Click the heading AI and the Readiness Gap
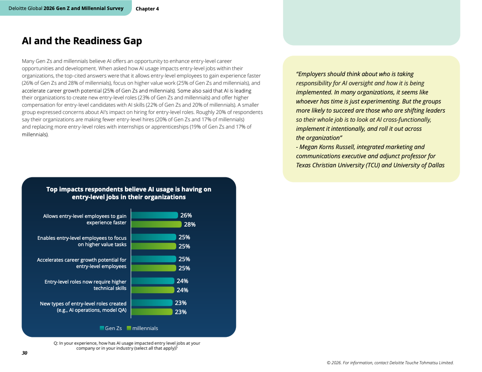click(82, 41)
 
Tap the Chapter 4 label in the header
click(147, 9)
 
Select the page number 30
click(25, 353)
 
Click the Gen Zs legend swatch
click(102, 328)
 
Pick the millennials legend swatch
click(129, 328)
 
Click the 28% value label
click(190, 224)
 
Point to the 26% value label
click(186, 216)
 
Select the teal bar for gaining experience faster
click(155, 215)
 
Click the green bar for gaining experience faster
click(157, 224)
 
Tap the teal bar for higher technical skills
click(153, 281)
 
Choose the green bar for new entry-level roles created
click(152, 312)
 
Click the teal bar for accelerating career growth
click(154, 259)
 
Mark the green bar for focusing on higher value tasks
click(154, 246)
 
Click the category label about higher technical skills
click(85, 285)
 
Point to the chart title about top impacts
click(129, 193)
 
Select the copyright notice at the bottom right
click(390, 363)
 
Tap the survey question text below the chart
click(127, 346)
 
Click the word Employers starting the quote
click(310, 74)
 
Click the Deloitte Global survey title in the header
click(66, 8)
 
